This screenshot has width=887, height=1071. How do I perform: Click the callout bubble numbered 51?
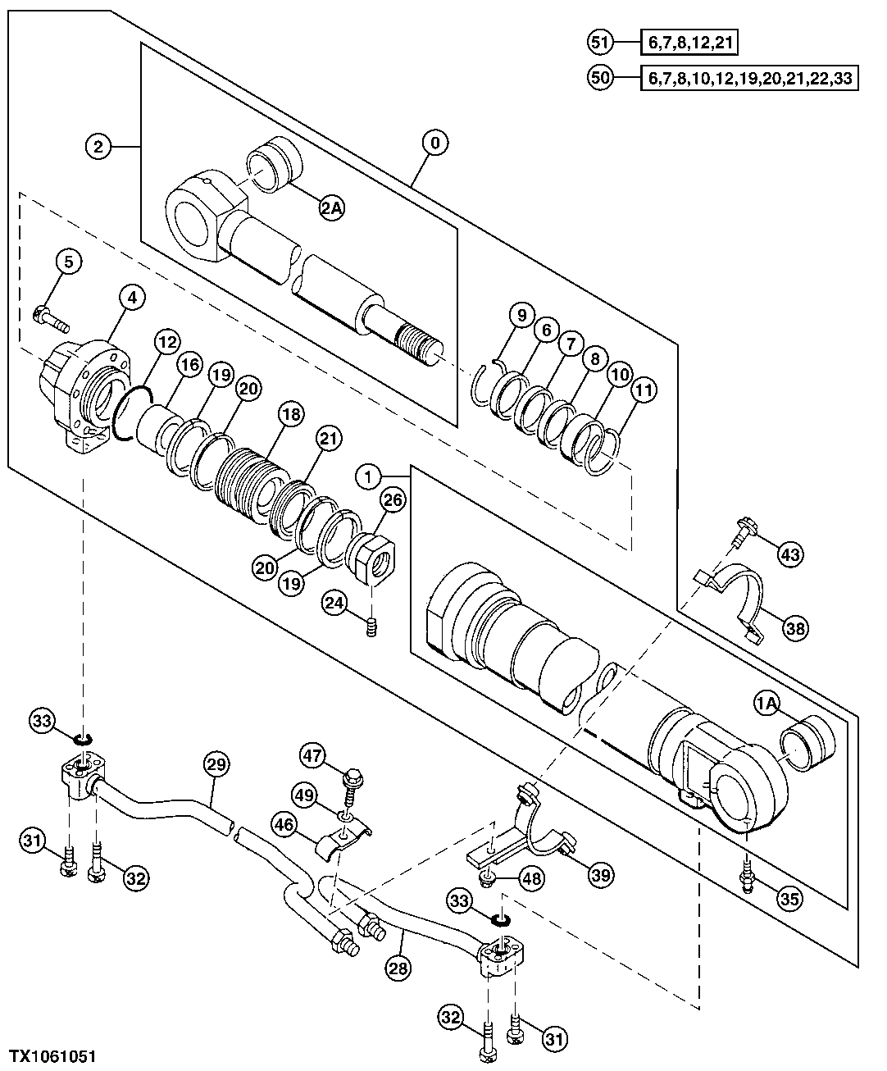tap(600, 41)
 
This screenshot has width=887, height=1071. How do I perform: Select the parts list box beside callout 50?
tap(748, 79)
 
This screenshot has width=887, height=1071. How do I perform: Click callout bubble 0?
tap(434, 144)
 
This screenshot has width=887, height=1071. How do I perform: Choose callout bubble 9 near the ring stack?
tap(521, 313)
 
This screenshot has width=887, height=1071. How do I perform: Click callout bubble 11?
tap(644, 390)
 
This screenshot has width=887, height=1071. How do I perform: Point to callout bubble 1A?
tap(767, 703)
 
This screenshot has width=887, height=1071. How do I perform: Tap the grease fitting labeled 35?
tap(747, 881)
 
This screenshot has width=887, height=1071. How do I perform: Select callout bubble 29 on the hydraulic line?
tap(214, 765)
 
